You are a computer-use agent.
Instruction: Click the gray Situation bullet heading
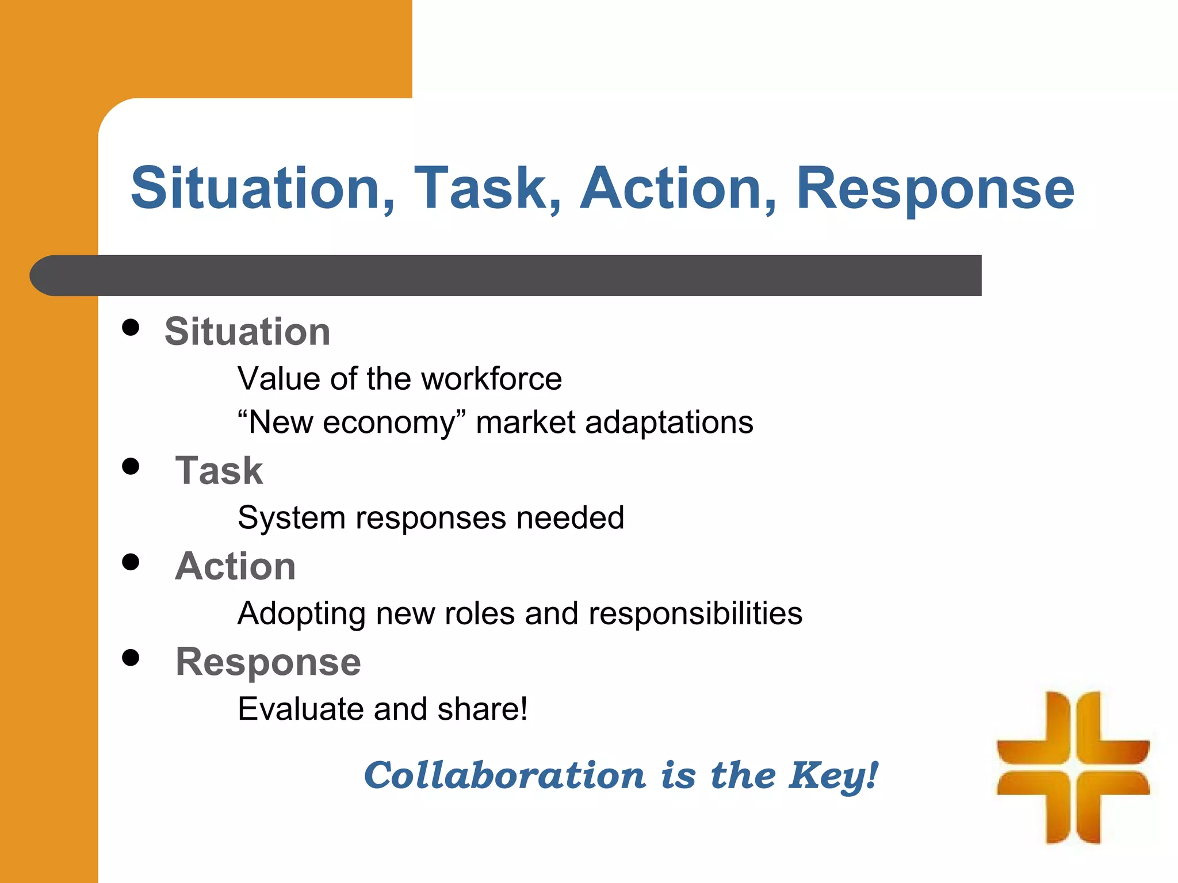(247, 332)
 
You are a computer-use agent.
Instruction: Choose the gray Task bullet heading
(219, 470)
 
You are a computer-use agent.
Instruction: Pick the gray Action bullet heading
(235, 566)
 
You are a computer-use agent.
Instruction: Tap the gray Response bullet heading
(268, 662)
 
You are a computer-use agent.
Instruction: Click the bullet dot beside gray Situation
(131, 327)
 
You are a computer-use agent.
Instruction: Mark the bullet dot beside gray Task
(131, 466)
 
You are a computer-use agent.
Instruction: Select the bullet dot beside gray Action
(131, 562)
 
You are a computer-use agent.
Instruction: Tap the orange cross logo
(1073, 767)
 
